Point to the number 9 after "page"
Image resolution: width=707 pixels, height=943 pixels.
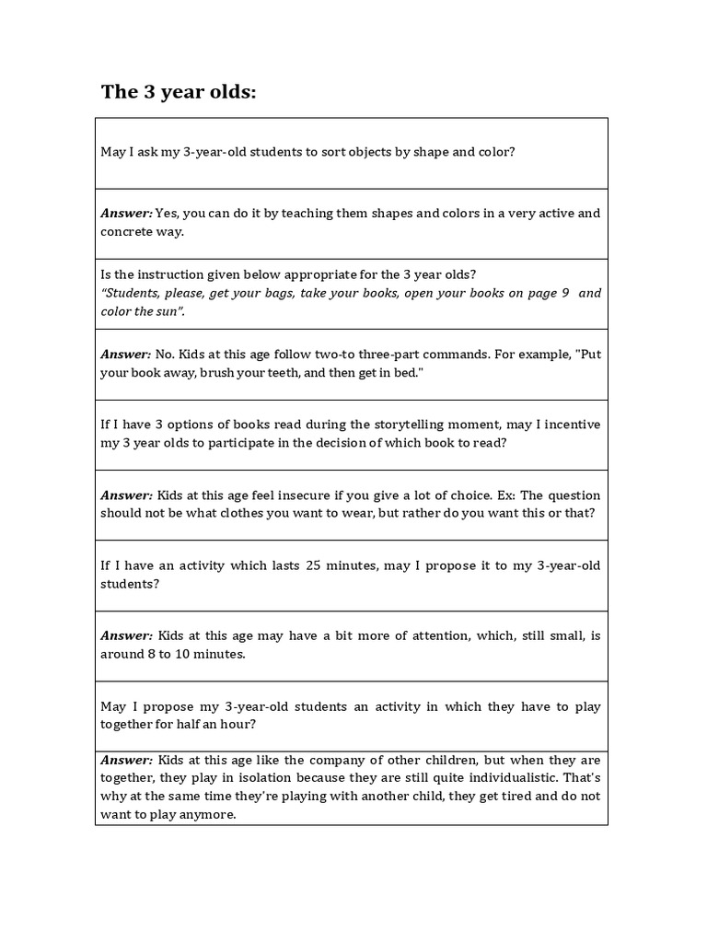pyautogui.click(x=565, y=293)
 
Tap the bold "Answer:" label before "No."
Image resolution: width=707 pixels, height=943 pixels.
pyautogui.click(x=126, y=355)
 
